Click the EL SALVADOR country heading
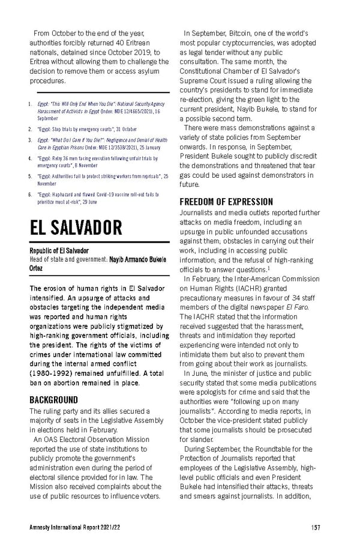[x=76, y=228]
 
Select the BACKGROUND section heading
[x=54, y=399]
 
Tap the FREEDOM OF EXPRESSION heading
[x=226, y=202]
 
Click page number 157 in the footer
[x=316, y=527]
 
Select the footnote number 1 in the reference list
[x=29, y=103]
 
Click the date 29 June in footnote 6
[x=102, y=202]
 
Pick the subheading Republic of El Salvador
[x=59, y=250]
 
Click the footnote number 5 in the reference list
[x=29, y=177]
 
